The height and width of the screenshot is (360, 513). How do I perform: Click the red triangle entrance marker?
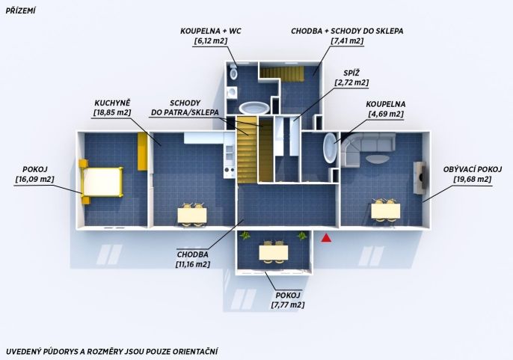click(326, 238)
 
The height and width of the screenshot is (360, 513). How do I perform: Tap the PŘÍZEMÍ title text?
click(20, 10)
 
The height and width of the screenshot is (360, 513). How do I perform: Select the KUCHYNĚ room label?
click(112, 102)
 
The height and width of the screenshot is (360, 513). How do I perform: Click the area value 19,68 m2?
click(473, 179)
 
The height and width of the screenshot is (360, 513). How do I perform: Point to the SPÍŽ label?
click(351, 73)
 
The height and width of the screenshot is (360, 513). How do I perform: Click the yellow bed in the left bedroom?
click(101, 182)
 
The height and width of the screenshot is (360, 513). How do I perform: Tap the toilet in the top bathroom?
click(233, 73)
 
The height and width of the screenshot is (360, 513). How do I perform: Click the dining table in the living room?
click(386, 211)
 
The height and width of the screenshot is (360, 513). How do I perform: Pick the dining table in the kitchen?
click(192, 216)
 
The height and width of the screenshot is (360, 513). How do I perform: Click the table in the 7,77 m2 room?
click(274, 252)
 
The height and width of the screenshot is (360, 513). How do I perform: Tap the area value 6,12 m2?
click(210, 41)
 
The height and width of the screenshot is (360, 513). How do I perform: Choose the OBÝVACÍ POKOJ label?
click(473, 169)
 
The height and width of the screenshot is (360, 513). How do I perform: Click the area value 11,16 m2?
click(193, 264)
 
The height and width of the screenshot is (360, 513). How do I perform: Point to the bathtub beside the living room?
click(330, 147)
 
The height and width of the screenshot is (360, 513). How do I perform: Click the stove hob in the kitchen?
click(230, 171)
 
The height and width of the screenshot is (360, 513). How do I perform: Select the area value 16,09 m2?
click(34, 179)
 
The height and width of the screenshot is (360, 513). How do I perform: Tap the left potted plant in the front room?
click(245, 235)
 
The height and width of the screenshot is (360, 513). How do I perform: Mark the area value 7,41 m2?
click(347, 41)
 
